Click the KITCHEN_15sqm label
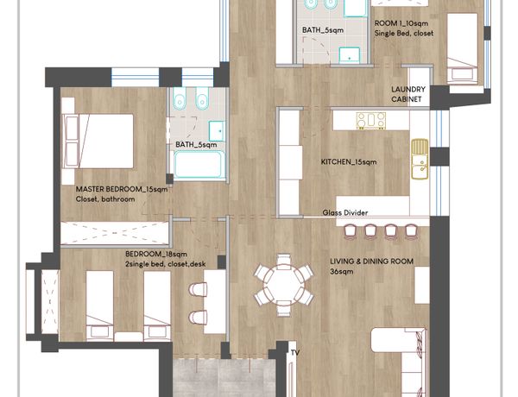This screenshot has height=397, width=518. [349, 162]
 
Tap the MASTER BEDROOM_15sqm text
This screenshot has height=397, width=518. [122, 189]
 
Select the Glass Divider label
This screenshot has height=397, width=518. [345, 212]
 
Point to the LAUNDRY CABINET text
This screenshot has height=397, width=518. [408, 94]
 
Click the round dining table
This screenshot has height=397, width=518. [284, 285]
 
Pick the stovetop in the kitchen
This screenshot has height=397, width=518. [371, 121]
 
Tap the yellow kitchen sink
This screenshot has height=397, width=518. [420, 159]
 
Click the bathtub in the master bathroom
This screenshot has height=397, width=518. [199, 165]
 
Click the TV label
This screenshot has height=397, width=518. [295, 353]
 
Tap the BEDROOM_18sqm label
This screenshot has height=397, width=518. [156, 254]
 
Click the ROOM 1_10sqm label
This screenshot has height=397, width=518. [401, 23]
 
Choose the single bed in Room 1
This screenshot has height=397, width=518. [462, 48]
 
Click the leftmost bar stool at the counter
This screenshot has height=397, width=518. [350, 231]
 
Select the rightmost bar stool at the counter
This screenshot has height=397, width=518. [411, 231]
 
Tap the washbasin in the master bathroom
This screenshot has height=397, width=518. [217, 131]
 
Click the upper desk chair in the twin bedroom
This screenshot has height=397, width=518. [198, 290]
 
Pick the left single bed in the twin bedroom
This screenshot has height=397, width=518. [100, 306]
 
